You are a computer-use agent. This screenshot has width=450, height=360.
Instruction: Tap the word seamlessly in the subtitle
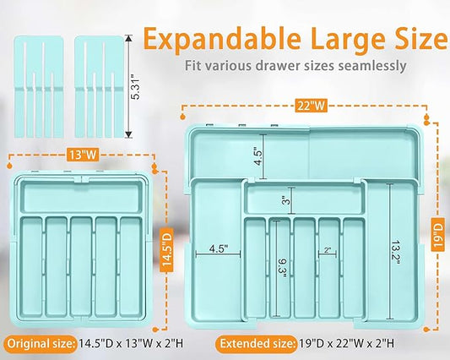(372, 66)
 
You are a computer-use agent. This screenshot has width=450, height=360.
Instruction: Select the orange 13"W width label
(83, 155)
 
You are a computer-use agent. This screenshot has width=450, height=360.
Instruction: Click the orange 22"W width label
(311, 106)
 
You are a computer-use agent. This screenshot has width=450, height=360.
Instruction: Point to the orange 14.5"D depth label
(166, 250)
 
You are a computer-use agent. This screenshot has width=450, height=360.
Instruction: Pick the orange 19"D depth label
(438, 234)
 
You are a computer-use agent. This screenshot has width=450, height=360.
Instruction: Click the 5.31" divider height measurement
(135, 86)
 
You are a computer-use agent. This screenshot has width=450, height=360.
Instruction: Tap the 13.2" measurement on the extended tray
(395, 254)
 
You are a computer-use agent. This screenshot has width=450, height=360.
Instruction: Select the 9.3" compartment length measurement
(283, 269)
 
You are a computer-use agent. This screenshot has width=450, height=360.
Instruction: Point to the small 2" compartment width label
(328, 250)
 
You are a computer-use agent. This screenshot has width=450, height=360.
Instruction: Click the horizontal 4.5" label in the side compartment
(219, 248)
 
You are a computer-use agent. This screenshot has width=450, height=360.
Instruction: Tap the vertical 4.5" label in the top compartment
(258, 157)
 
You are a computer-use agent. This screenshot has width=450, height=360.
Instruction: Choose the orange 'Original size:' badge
(41, 344)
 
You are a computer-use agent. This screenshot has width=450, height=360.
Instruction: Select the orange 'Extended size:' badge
(257, 344)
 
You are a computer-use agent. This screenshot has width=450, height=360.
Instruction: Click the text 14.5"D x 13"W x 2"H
(131, 344)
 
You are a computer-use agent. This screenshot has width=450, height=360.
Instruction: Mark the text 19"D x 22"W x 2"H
(347, 344)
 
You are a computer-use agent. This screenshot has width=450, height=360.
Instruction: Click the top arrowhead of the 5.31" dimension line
(128, 38)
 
